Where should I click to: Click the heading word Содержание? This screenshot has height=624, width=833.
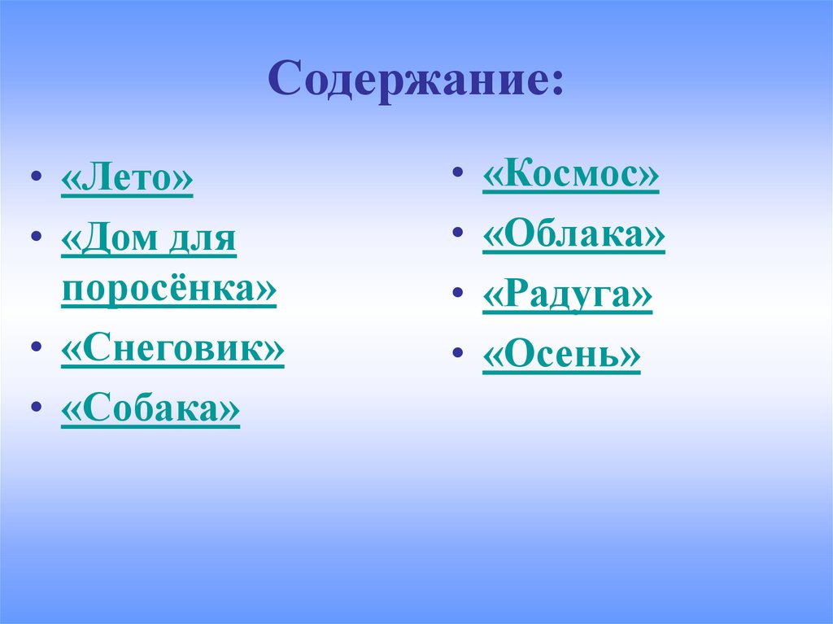(x=411, y=81)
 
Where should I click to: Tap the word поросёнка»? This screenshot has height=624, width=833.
(x=168, y=290)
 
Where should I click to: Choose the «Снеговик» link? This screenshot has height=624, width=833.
(x=172, y=350)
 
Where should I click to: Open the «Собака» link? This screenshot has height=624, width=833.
(x=150, y=410)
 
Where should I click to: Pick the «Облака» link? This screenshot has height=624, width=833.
(x=574, y=236)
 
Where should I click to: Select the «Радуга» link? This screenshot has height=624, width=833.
(x=567, y=296)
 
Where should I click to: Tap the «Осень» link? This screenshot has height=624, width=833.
(x=561, y=356)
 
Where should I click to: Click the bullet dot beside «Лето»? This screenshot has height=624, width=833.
(x=34, y=181)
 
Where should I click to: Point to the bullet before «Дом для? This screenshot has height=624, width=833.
(x=34, y=239)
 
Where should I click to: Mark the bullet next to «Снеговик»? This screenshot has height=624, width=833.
(x=34, y=348)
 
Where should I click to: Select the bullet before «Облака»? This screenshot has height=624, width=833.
(x=460, y=235)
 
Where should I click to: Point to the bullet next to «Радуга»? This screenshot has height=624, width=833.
(x=460, y=295)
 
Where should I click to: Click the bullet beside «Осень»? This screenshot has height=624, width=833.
(x=460, y=356)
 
